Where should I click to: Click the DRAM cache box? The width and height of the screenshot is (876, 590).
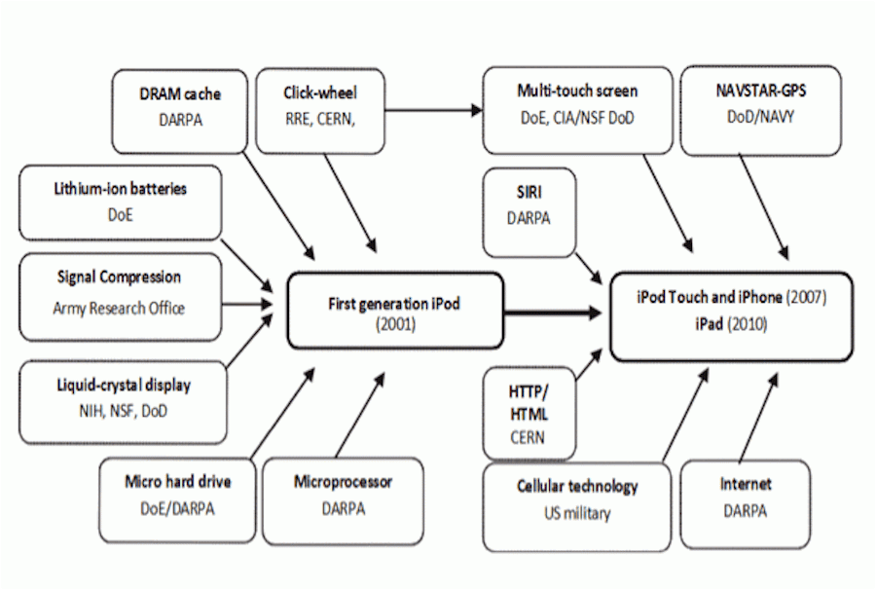pyautogui.click(x=180, y=111)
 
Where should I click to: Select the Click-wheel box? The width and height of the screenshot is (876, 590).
pyautogui.click(x=320, y=111)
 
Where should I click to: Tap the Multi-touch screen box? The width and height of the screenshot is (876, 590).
pyautogui.click(x=577, y=110)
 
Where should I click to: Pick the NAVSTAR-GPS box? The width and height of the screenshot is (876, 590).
pyautogui.click(x=761, y=110)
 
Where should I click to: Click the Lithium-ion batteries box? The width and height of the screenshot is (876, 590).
pyautogui.click(x=121, y=203)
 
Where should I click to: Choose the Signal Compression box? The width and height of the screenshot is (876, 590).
pyautogui.click(x=121, y=297)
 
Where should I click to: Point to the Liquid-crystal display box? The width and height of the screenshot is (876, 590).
pyautogui.click(x=124, y=402)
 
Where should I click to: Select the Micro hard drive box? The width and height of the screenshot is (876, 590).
pyautogui.click(x=178, y=500)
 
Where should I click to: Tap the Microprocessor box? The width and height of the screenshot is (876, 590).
pyautogui.click(x=343, y=500)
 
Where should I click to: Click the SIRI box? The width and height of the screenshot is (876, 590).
pyautogui.click(x=529, y=212)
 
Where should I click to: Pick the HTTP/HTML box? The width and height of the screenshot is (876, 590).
pyautogui.click(x=529, y=414)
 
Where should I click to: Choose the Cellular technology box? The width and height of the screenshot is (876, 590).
pyautogui.click(x=577, y=506)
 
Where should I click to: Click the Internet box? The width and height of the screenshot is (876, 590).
pyautogui.click(x=746, y=504)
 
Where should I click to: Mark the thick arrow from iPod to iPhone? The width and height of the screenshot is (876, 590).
pyautogui.click(x=553, y=313)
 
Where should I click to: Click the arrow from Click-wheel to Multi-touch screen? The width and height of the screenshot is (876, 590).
pyautogui.click(x=433, y=110)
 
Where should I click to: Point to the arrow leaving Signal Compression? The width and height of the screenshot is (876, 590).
pyautogui.click(x=247, y=305)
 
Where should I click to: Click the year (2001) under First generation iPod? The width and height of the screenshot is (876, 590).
pyautogui.click(x=395, y=324)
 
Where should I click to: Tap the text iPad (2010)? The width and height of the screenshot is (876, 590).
pyautogui.click(x=731, y=324)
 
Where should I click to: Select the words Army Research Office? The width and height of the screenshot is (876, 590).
pyautogui.click(x=119, y=308)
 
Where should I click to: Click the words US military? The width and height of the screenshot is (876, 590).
pyautogui.click(x=577, y=513)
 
